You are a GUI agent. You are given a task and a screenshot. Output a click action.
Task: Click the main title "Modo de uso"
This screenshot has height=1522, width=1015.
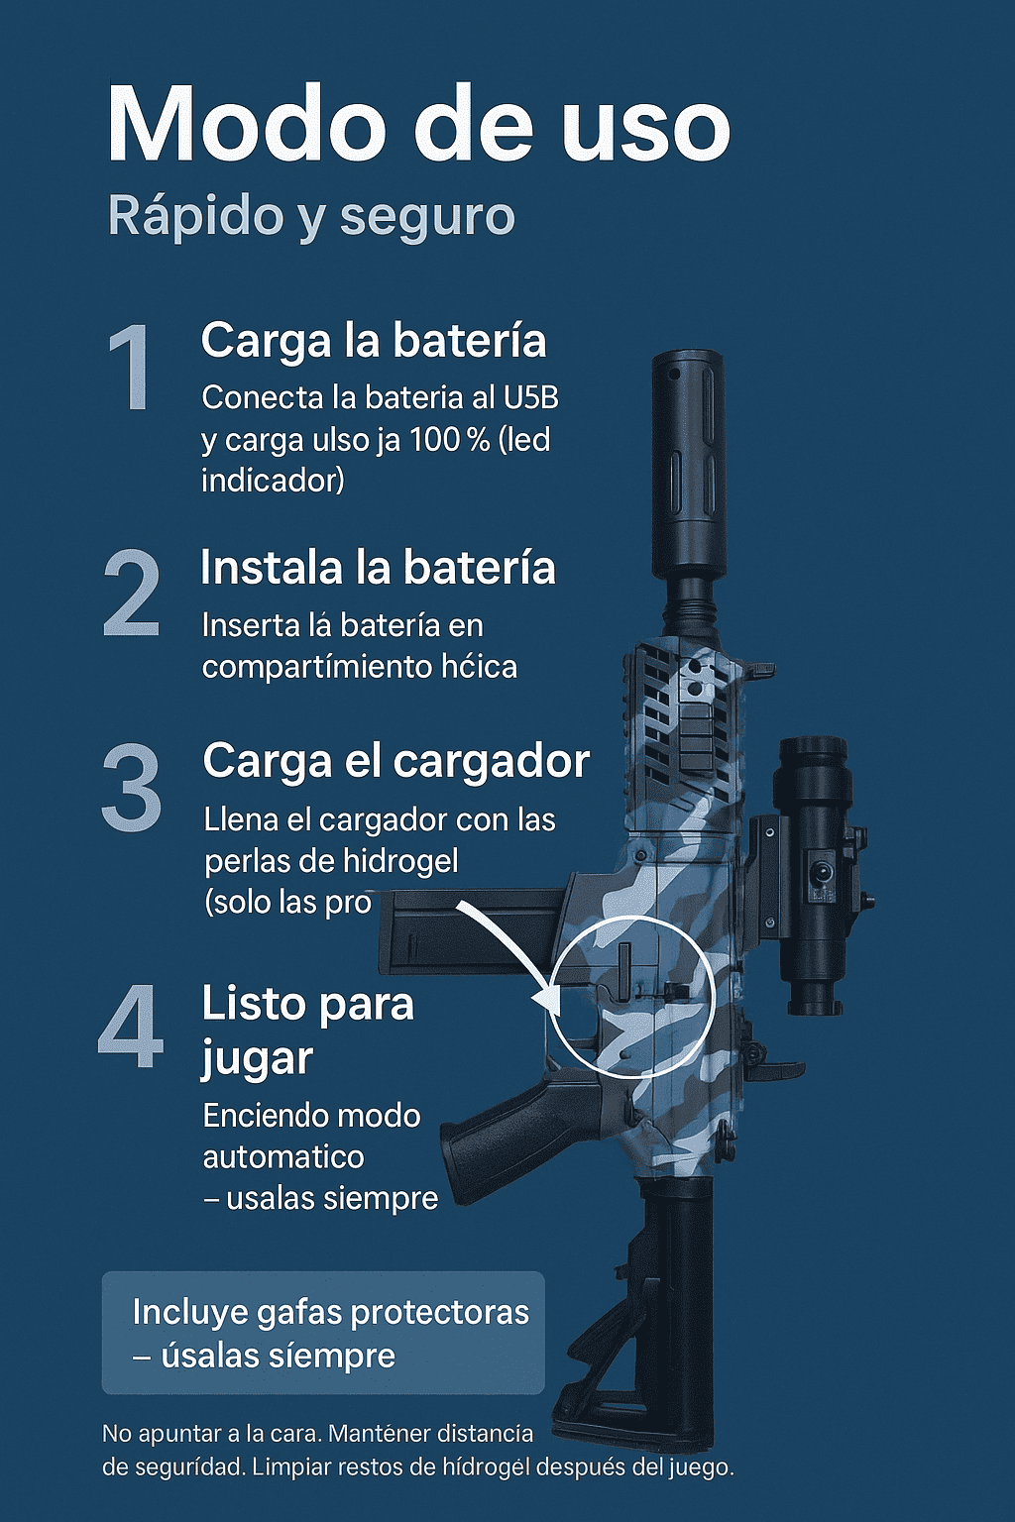418,125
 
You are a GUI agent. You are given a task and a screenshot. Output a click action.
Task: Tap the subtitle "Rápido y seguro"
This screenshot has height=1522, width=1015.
311,217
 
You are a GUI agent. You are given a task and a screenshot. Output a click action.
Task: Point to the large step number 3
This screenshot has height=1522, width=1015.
131,788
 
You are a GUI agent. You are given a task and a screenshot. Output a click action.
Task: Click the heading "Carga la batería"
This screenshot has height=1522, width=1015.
374,342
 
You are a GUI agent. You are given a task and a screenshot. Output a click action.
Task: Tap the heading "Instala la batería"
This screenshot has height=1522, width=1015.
378,568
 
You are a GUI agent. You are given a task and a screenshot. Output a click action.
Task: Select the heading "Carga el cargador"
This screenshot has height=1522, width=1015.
396,763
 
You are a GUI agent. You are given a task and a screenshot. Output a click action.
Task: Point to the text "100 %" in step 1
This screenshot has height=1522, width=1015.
449,440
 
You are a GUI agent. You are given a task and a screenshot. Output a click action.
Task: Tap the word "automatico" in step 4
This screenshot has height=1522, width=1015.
283,1156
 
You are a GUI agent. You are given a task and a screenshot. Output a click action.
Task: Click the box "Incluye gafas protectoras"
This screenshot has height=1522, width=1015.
323,1333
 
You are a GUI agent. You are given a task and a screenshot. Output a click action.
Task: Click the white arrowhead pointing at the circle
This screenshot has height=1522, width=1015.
547,999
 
